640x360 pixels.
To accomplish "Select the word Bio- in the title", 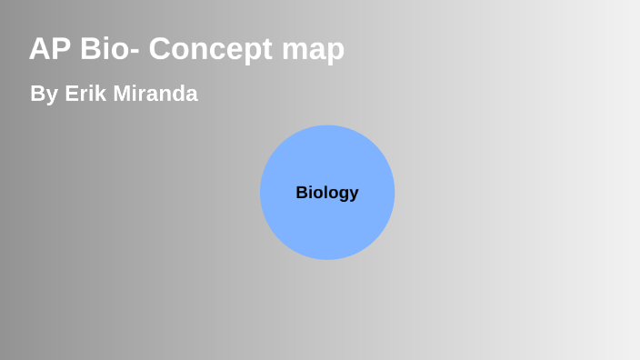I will (x=110, y=49).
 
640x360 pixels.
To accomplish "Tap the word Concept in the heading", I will (x=208, y=49).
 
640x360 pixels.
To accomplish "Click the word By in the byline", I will (x=43, y=94).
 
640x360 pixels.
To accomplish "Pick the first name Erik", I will (x=86, y=94).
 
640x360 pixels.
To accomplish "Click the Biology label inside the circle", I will (x=327, y=193).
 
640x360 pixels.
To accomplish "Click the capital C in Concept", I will (x=161, y=49).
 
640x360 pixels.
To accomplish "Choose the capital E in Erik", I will (x=71, y=94).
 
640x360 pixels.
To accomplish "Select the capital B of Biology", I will (x=302, y=193).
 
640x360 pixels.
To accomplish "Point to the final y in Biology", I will (x=354, y=195).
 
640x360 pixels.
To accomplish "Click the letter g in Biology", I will (x=343, y=195).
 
